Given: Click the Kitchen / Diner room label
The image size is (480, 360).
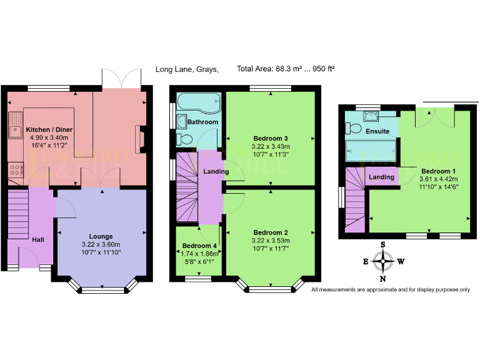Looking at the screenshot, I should click(47, 129).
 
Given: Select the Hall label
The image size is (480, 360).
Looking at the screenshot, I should click(39, 239).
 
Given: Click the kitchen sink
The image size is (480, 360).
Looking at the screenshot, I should click(14, 131).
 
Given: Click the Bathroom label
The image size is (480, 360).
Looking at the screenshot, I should click(202, 122).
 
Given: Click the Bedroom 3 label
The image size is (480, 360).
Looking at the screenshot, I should click(271, 138).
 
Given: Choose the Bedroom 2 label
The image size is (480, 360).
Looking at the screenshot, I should click(271, 231).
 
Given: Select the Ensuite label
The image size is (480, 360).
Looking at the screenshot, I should click(378, 131).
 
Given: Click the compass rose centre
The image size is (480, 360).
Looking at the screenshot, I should click(383, 261).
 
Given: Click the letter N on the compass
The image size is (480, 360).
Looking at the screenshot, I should click(383, 279).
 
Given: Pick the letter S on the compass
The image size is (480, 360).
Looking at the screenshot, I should click(383, 244).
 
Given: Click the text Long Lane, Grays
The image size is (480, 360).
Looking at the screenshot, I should click(187, 69).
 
